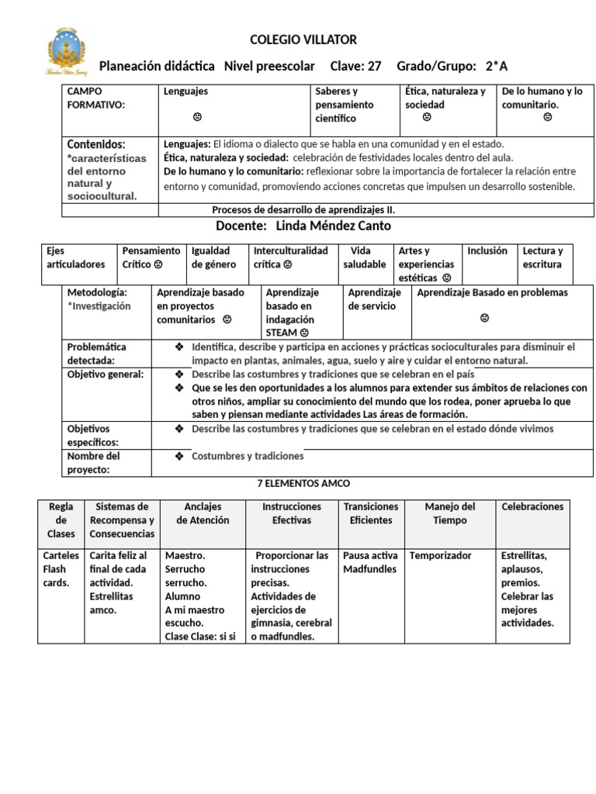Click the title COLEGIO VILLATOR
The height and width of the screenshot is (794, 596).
(303, 40)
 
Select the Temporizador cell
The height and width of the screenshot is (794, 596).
(440, 556)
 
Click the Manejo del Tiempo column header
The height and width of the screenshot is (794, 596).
(449, 513)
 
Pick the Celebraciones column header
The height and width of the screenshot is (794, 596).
(532, 507)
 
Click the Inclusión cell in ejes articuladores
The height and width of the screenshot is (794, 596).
(487, 251)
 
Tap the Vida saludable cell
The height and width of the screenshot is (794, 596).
(364, 257)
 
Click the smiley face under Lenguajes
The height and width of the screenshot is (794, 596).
(198, 117)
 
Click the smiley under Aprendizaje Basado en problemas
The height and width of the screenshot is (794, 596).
(484, 318)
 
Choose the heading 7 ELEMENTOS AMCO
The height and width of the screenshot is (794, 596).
(303, 483)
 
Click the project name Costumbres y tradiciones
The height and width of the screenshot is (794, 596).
(248, 456)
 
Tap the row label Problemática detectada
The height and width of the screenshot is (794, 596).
(96, 354)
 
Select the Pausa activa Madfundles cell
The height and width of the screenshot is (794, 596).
(370, 562)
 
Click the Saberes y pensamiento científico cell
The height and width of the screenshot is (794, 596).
(344, 105)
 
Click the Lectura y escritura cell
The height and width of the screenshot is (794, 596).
(542, 257)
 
